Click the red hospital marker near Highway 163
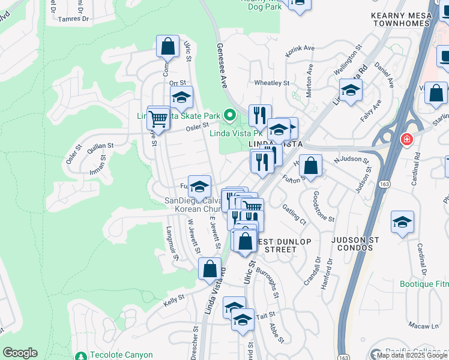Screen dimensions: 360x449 tap(407, 139)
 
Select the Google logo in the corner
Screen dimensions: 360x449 tap(20, 353)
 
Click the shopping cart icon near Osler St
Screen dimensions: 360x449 tap(158, 118)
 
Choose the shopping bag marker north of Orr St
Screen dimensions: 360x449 tap(168, 46)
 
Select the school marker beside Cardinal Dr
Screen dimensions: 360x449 tap(402, 221)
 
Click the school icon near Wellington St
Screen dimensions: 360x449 tap(351, 91)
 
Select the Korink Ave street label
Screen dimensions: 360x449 tap(300, 47)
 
